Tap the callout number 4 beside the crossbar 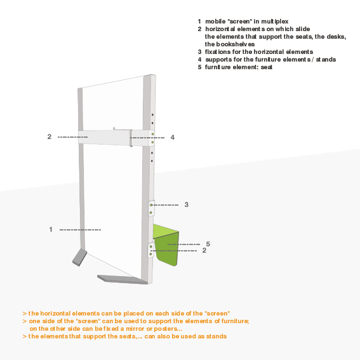click(173, 137)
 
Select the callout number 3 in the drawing click(187, 204)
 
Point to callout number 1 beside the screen click(51, 229)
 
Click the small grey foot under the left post click(79, 257)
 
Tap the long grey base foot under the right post click(123, 279)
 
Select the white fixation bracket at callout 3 click(151, 208)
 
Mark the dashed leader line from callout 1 click(80, 230)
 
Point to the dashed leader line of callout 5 click(183, 244)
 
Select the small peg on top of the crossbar click(114, 128)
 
